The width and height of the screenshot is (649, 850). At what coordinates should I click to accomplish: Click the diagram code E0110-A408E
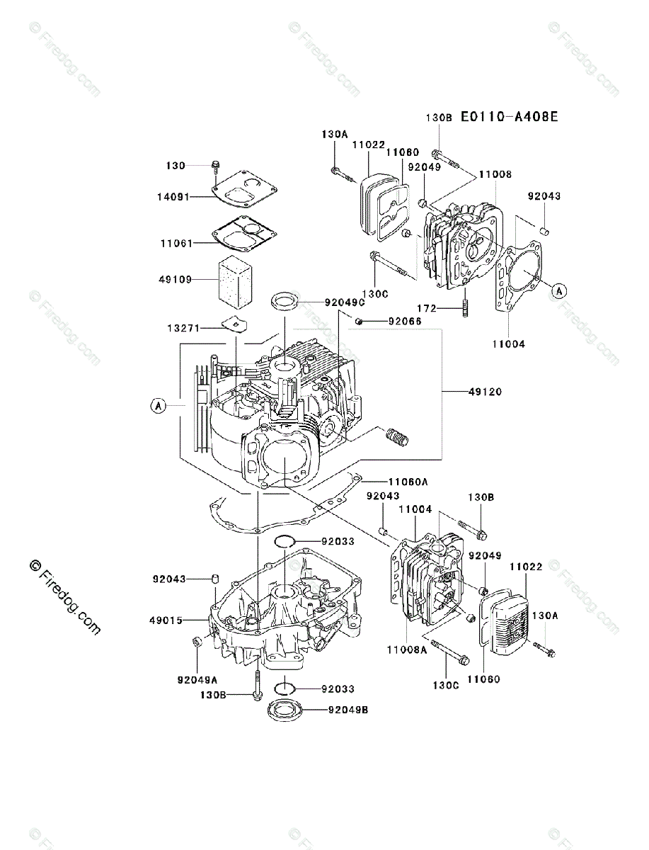pyautogui.click(x=509, y=117)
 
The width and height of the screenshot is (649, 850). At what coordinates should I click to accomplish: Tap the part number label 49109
pyautogui.click(x=175, y=279)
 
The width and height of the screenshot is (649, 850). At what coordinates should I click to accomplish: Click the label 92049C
pyautogui.click(x=344, y=302)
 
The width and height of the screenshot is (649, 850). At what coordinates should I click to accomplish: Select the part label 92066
pyautogui.click(x=405, y=321)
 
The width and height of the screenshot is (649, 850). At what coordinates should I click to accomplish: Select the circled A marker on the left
pyautogui.click(x=159, y=406)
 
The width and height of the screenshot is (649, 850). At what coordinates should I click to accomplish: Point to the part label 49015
pyautogui.click(x=166, y=620)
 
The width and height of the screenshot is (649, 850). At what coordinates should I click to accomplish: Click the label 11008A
pyautogui.click(x=406, y=650)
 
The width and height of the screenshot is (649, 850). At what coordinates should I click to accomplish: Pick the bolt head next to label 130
pyautogui.click(x=214, y=166)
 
